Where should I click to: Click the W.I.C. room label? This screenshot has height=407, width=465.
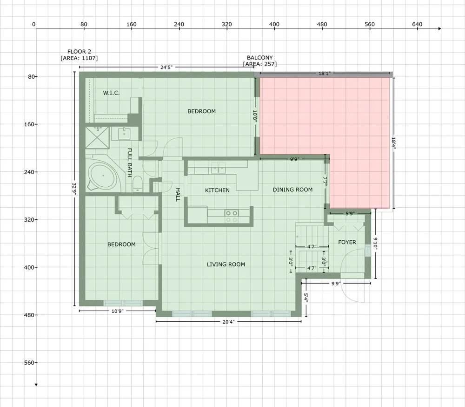[x=111, y=93]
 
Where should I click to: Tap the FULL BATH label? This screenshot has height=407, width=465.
[x=130, y=163]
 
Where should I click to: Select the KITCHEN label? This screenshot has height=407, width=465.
[x=217, y=190]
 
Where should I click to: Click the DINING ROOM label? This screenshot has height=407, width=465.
[x=292, y=190]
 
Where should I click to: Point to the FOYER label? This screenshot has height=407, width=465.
[x=347, y=242]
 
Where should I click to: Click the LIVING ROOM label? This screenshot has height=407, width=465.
[x=226, y=265]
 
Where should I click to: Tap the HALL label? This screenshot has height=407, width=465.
[x=178, y=195]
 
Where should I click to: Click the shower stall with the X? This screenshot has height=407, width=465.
[x=97, y=137]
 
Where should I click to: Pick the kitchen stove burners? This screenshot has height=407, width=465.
[x=231, y=216]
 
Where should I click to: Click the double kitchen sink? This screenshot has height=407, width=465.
[x=218, y=168]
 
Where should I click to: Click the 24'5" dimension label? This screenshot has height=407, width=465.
[x=166, y=67]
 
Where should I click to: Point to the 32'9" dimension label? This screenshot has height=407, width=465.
[x=74, y=189]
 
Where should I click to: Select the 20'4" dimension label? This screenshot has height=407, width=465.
[x=228, y=321]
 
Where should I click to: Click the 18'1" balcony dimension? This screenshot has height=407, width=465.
[x=324, y=73]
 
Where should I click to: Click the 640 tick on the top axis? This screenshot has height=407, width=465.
[x=417, y=24]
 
